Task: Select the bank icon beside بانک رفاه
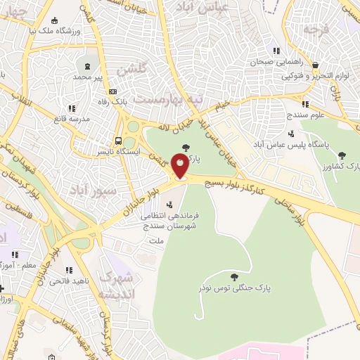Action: click(112, 91)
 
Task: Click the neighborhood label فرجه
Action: click(317, 30)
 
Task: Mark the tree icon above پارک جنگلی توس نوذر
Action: click(233, 276)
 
